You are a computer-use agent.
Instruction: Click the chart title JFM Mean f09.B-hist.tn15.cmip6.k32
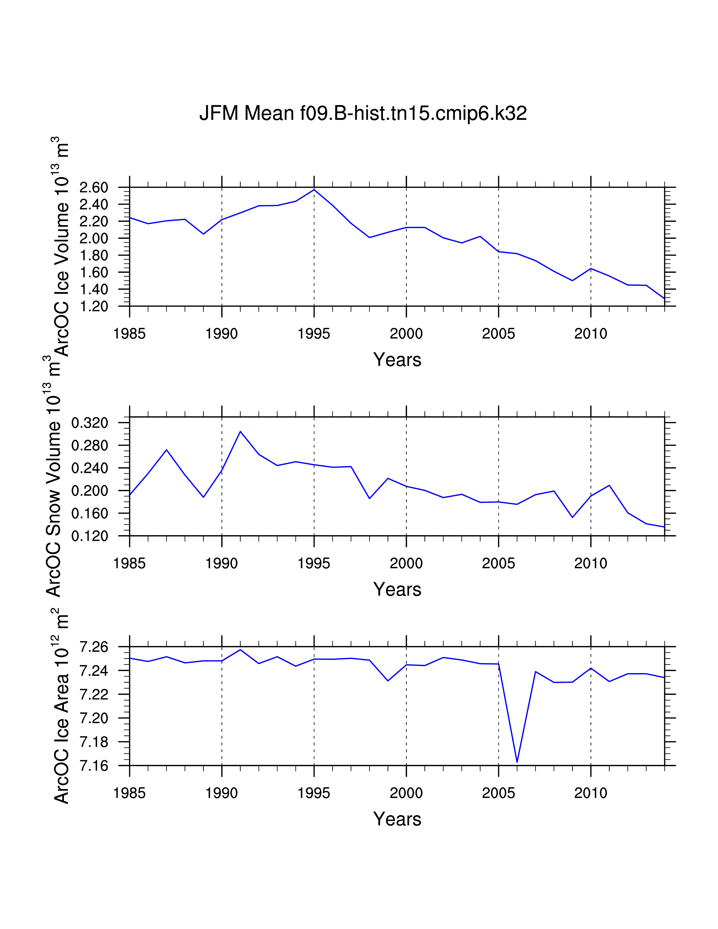point(363,113)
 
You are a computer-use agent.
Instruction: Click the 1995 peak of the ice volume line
point(314,189)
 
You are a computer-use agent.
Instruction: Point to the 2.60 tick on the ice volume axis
point(93,187)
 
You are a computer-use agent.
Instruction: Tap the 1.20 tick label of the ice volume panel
point(93,306)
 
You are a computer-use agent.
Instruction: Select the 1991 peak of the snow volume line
point(240,431)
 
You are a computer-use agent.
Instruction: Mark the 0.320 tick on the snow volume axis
point(90,423)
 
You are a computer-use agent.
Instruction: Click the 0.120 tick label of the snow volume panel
point(90,536)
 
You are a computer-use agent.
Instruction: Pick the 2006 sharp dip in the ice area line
point(517,762)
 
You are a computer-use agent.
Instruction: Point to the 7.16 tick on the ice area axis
point(93,766)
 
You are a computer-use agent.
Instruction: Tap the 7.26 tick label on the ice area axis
point(93,647)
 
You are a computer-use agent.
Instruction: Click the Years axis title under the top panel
point(397,360)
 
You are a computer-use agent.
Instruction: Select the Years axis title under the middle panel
point(397,589)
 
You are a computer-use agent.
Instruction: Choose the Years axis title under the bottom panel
point(397,819)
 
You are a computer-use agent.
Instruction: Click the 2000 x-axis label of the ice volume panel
point(406,334)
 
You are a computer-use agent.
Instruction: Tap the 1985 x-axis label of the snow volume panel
point(129,564)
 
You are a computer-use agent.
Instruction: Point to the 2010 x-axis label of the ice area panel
point(590,793)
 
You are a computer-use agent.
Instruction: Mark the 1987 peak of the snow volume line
point(166,450)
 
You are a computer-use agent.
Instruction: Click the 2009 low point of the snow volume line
point(572,517)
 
